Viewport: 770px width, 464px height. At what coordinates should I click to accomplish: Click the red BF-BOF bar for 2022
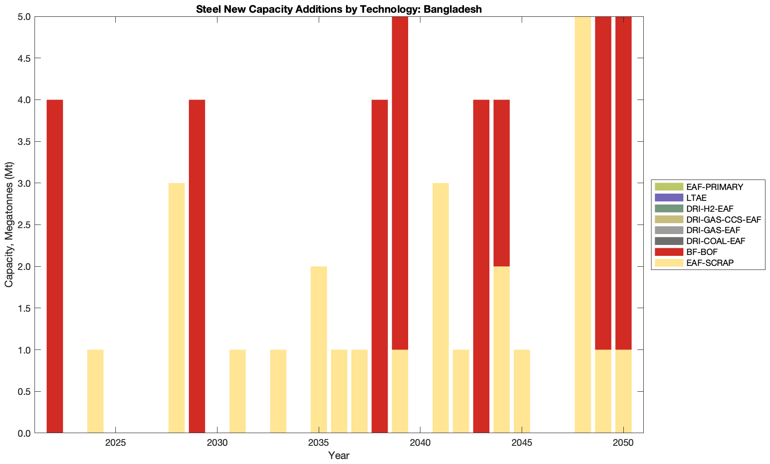tap(55, 266)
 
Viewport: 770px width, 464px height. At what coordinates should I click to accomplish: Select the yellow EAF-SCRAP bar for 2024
tap(95, 391)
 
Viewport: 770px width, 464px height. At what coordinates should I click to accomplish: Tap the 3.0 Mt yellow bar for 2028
tap(177, 308)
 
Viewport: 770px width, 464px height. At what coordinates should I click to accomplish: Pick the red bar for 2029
tap(197, 266)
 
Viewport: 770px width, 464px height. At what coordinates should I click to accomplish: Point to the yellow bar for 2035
tap(319, 349)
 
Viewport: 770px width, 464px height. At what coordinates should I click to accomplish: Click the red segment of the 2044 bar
tap(502, 183)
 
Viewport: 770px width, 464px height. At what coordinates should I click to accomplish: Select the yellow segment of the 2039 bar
tap(400, 391)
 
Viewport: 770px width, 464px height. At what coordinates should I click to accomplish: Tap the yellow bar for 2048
tap(583, 225)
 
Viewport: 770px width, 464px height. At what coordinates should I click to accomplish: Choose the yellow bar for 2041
tap(440, 308)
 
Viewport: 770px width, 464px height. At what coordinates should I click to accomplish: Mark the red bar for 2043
tap(481, 266)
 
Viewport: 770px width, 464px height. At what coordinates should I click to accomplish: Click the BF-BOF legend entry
tap(702, 252)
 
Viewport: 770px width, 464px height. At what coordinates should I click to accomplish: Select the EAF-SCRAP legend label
tap(710, 263)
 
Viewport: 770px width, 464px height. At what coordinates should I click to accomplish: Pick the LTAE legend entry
tap(696, 198)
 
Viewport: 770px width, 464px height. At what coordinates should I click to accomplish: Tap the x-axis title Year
tap(339, 455)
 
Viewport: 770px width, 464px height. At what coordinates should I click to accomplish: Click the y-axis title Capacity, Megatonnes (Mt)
tap(9, 225)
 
